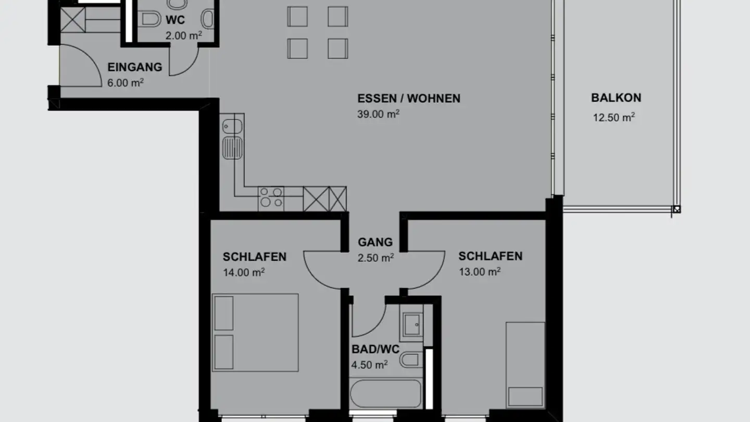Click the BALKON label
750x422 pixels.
616,98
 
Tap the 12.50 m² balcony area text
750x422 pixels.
614,117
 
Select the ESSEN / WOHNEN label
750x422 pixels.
408,98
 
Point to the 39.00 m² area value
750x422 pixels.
378,115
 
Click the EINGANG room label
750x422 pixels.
134,67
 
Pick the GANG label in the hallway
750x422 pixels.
375,242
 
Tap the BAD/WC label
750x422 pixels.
375,349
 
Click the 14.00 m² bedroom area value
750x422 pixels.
244,272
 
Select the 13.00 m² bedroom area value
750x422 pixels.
479,271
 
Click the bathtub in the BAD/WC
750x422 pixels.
385,394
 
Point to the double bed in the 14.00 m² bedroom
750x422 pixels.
255,332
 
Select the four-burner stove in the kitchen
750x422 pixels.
271,198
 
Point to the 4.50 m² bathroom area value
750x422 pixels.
369,365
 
